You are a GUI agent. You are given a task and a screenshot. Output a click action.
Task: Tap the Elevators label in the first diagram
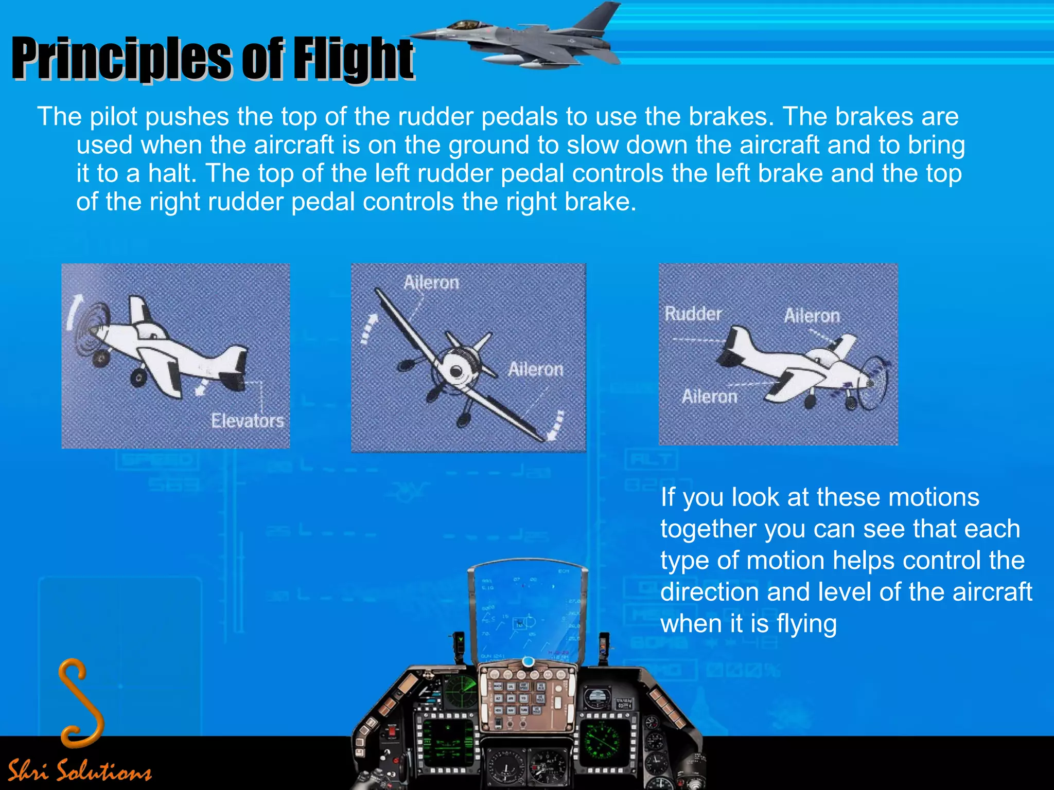pyautogui.click(x=248, y=421)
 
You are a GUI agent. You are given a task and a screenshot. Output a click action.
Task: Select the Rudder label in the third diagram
pyautogui.click(x=693, y=313)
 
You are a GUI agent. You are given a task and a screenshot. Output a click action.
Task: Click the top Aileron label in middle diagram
pyautogui.click(x=431, y=282)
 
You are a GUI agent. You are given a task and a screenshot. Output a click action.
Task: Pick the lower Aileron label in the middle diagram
pyautogui.click(x=536, y=369)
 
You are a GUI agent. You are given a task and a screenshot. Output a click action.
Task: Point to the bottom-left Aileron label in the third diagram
pyautogui.click(x=709, y=396)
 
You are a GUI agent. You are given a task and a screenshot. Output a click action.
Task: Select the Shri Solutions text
pyautogui.click(x=80, y=770)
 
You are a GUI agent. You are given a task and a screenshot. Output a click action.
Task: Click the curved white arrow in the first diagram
pyautogui.click(x=73, y=311)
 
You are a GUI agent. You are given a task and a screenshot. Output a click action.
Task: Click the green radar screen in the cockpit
pyautogui.click(x=460, y=690)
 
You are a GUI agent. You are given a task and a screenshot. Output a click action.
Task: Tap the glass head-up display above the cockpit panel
pyautogui.click(x=528, y=612)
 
